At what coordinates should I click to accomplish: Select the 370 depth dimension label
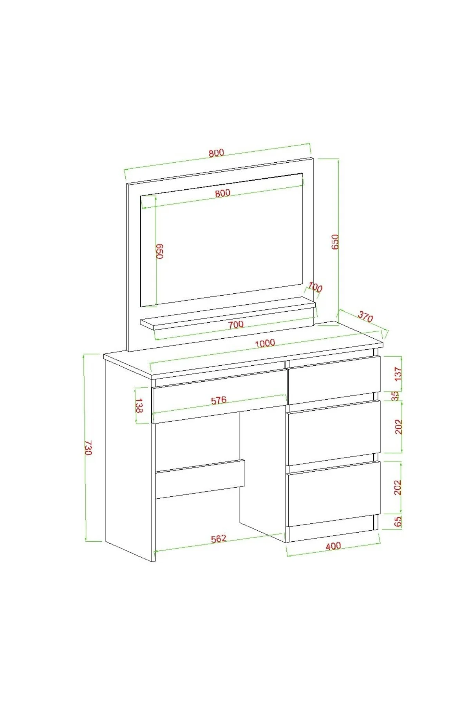click(x=365, y=317)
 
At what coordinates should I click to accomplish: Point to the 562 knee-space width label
click(x=219, y=539)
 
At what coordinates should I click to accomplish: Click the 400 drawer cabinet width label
click(x=333, y=546)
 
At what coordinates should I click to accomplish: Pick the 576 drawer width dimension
click(x=219, y=400)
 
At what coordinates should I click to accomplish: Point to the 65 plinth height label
click(x=398, y=521)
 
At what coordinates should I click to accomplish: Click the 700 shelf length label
click(x=236, y=324)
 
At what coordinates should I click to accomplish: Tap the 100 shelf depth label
click(x=315, y=288)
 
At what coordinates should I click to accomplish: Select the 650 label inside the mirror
click(x=159, y=251)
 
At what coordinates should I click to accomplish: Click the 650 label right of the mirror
click(x=335, y=242)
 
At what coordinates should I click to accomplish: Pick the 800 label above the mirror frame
click(x=216, y=153)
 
